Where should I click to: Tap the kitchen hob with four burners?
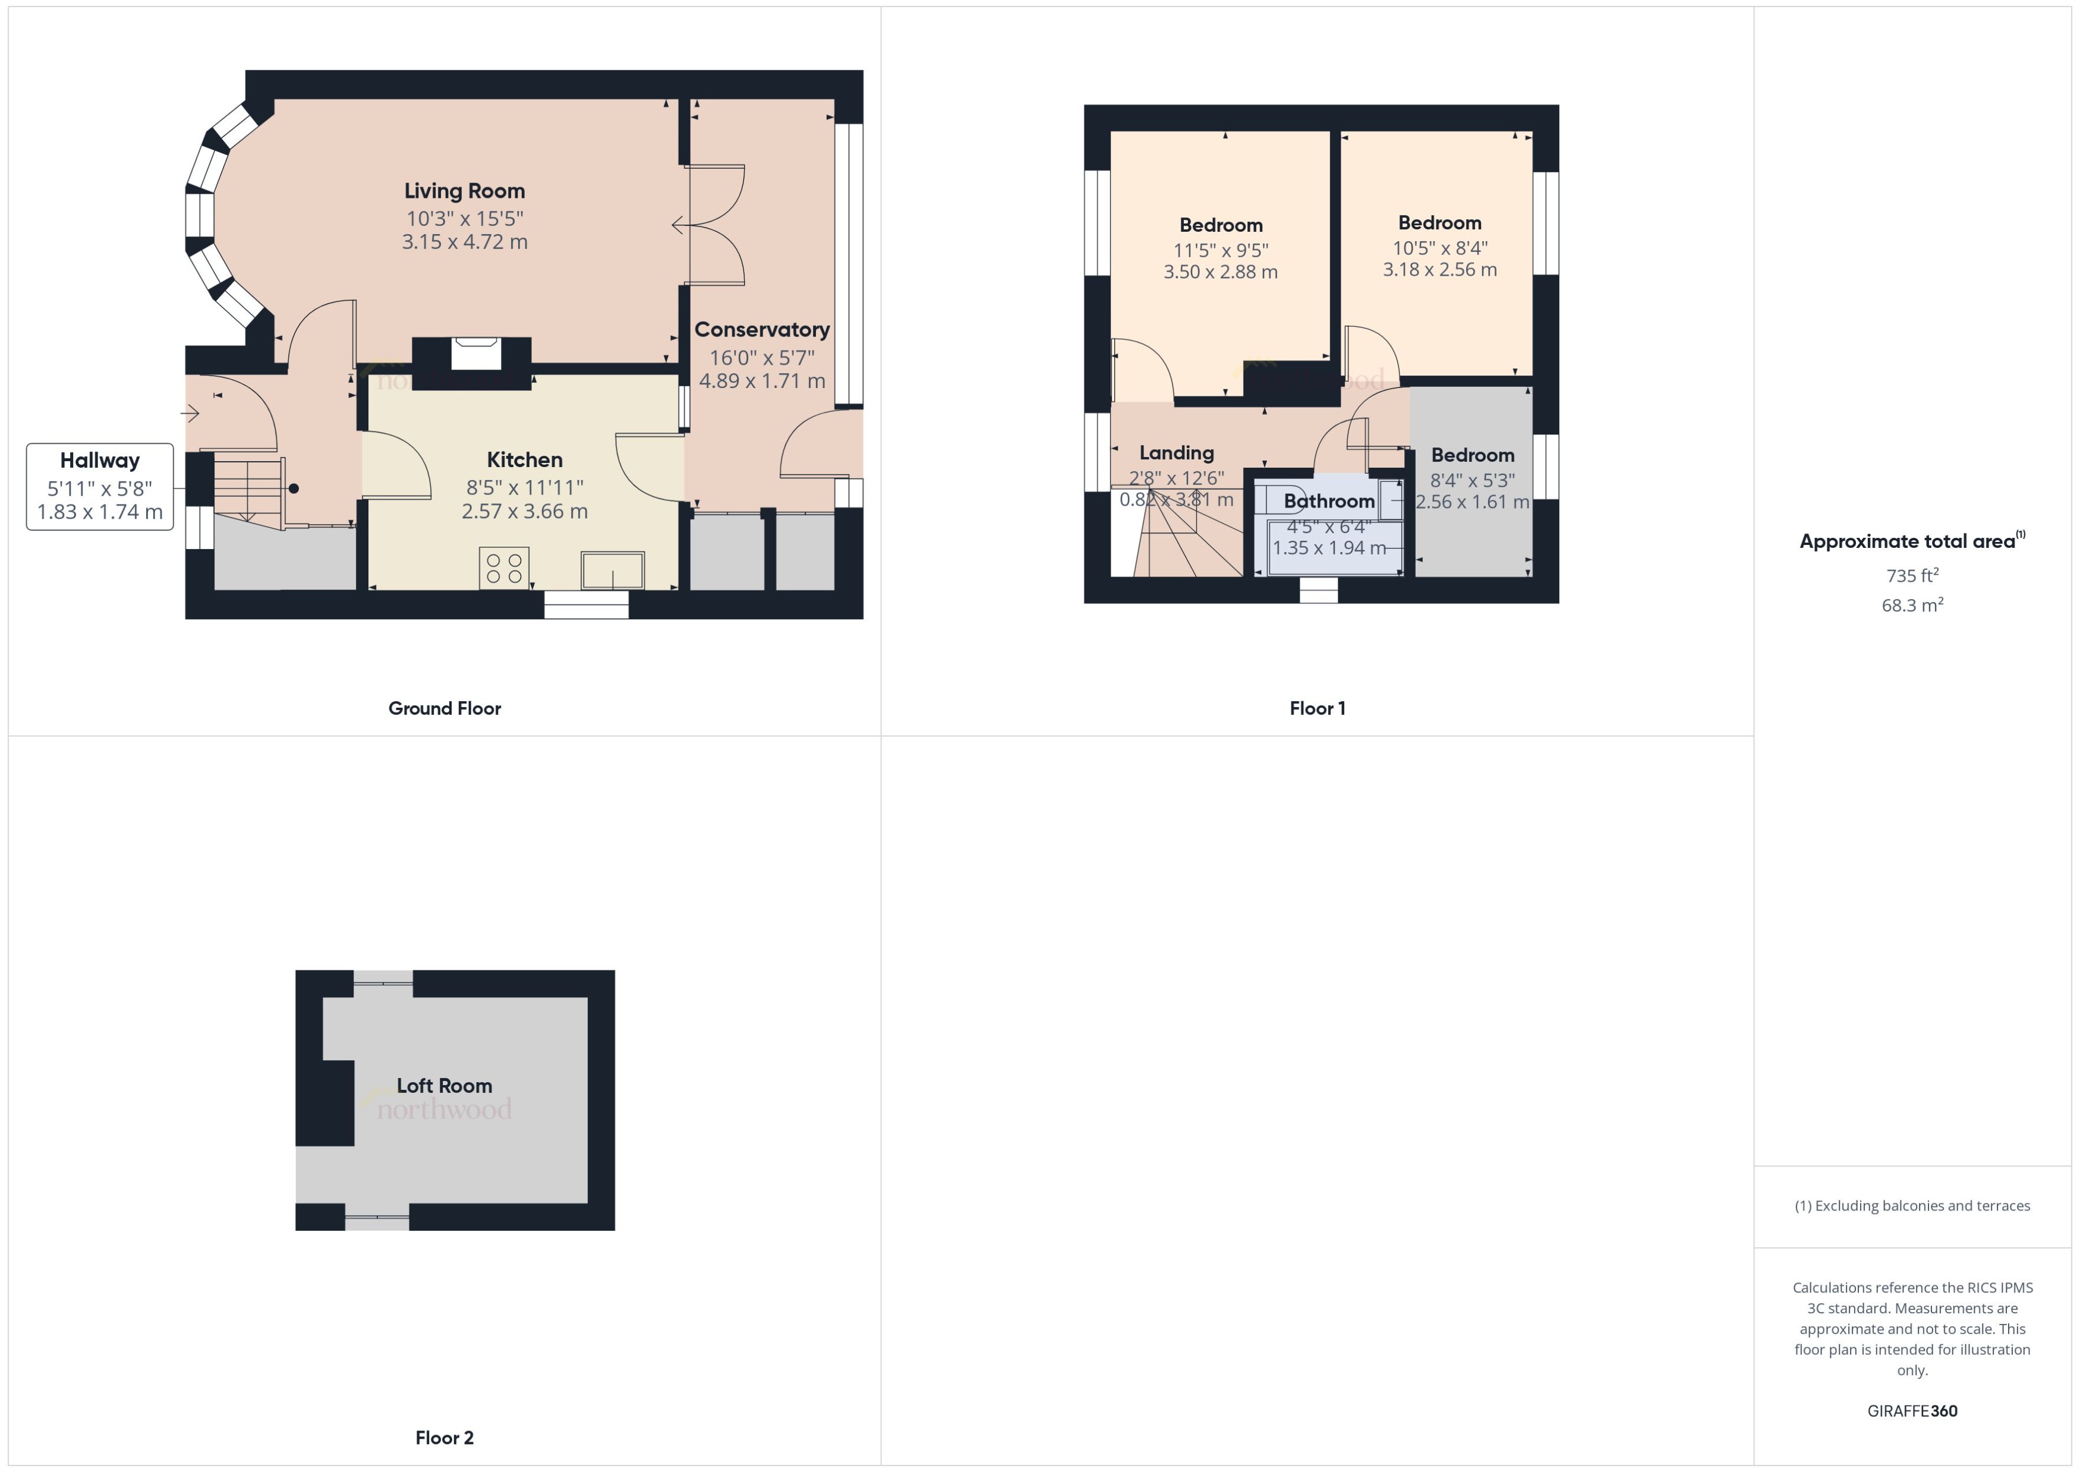(x=504, y=568)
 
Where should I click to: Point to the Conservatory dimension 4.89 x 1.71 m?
(x=761, y=381)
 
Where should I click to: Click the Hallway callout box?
(x=100, y=487)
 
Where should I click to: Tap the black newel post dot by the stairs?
(x=294, y=488)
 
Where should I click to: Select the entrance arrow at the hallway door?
(x=190, y=414)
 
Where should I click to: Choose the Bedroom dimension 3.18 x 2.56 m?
(x=1439, y=269)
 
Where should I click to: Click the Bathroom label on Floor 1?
(x=1329, y=501)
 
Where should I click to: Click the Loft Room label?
(x=444, y=1086)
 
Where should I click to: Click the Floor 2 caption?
(x=444, y=1438)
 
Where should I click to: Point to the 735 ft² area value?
(x=1911, y=576)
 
